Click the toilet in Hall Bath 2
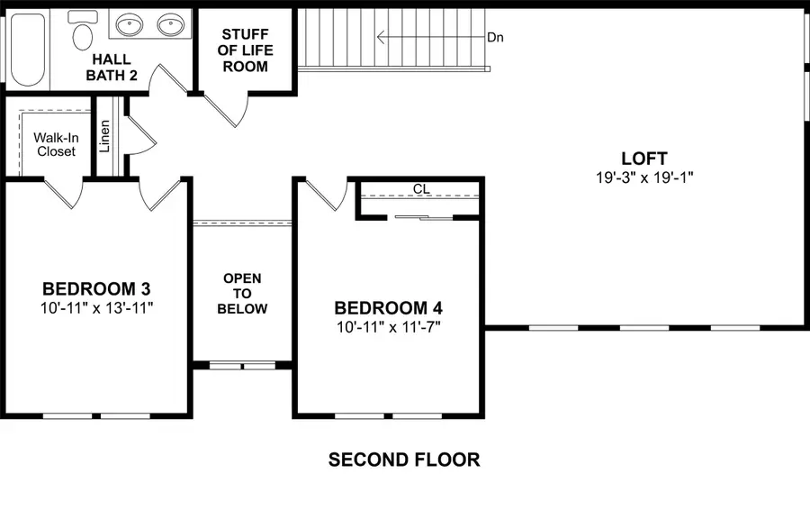pos(83,32)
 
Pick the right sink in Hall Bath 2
pos(170,24)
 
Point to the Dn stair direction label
pos(495,38)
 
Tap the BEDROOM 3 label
pos(96,289)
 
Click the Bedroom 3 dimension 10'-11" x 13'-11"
pos(96,308)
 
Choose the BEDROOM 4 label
pos(388,308)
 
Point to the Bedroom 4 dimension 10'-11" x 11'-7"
pos(388,326)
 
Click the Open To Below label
pos(243,294)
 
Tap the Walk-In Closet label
pos(56,144)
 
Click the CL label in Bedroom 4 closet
pos(420,189)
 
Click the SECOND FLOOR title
pos(404,460)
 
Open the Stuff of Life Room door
pos(225,110)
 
